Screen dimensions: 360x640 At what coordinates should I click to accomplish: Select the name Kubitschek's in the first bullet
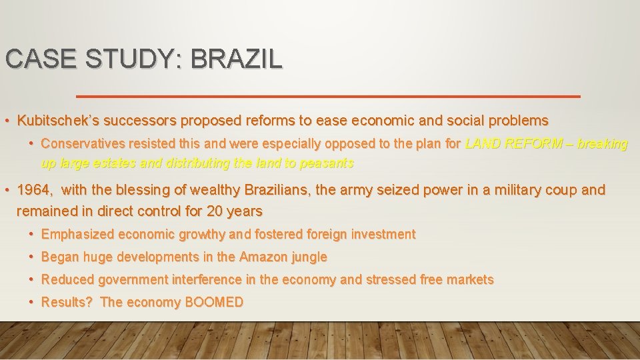coord(59,121)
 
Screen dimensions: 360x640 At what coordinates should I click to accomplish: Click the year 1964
coord(33,190)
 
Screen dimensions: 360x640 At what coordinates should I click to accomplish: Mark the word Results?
coord(67,302)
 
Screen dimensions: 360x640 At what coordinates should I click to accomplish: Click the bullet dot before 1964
coord(7,190)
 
